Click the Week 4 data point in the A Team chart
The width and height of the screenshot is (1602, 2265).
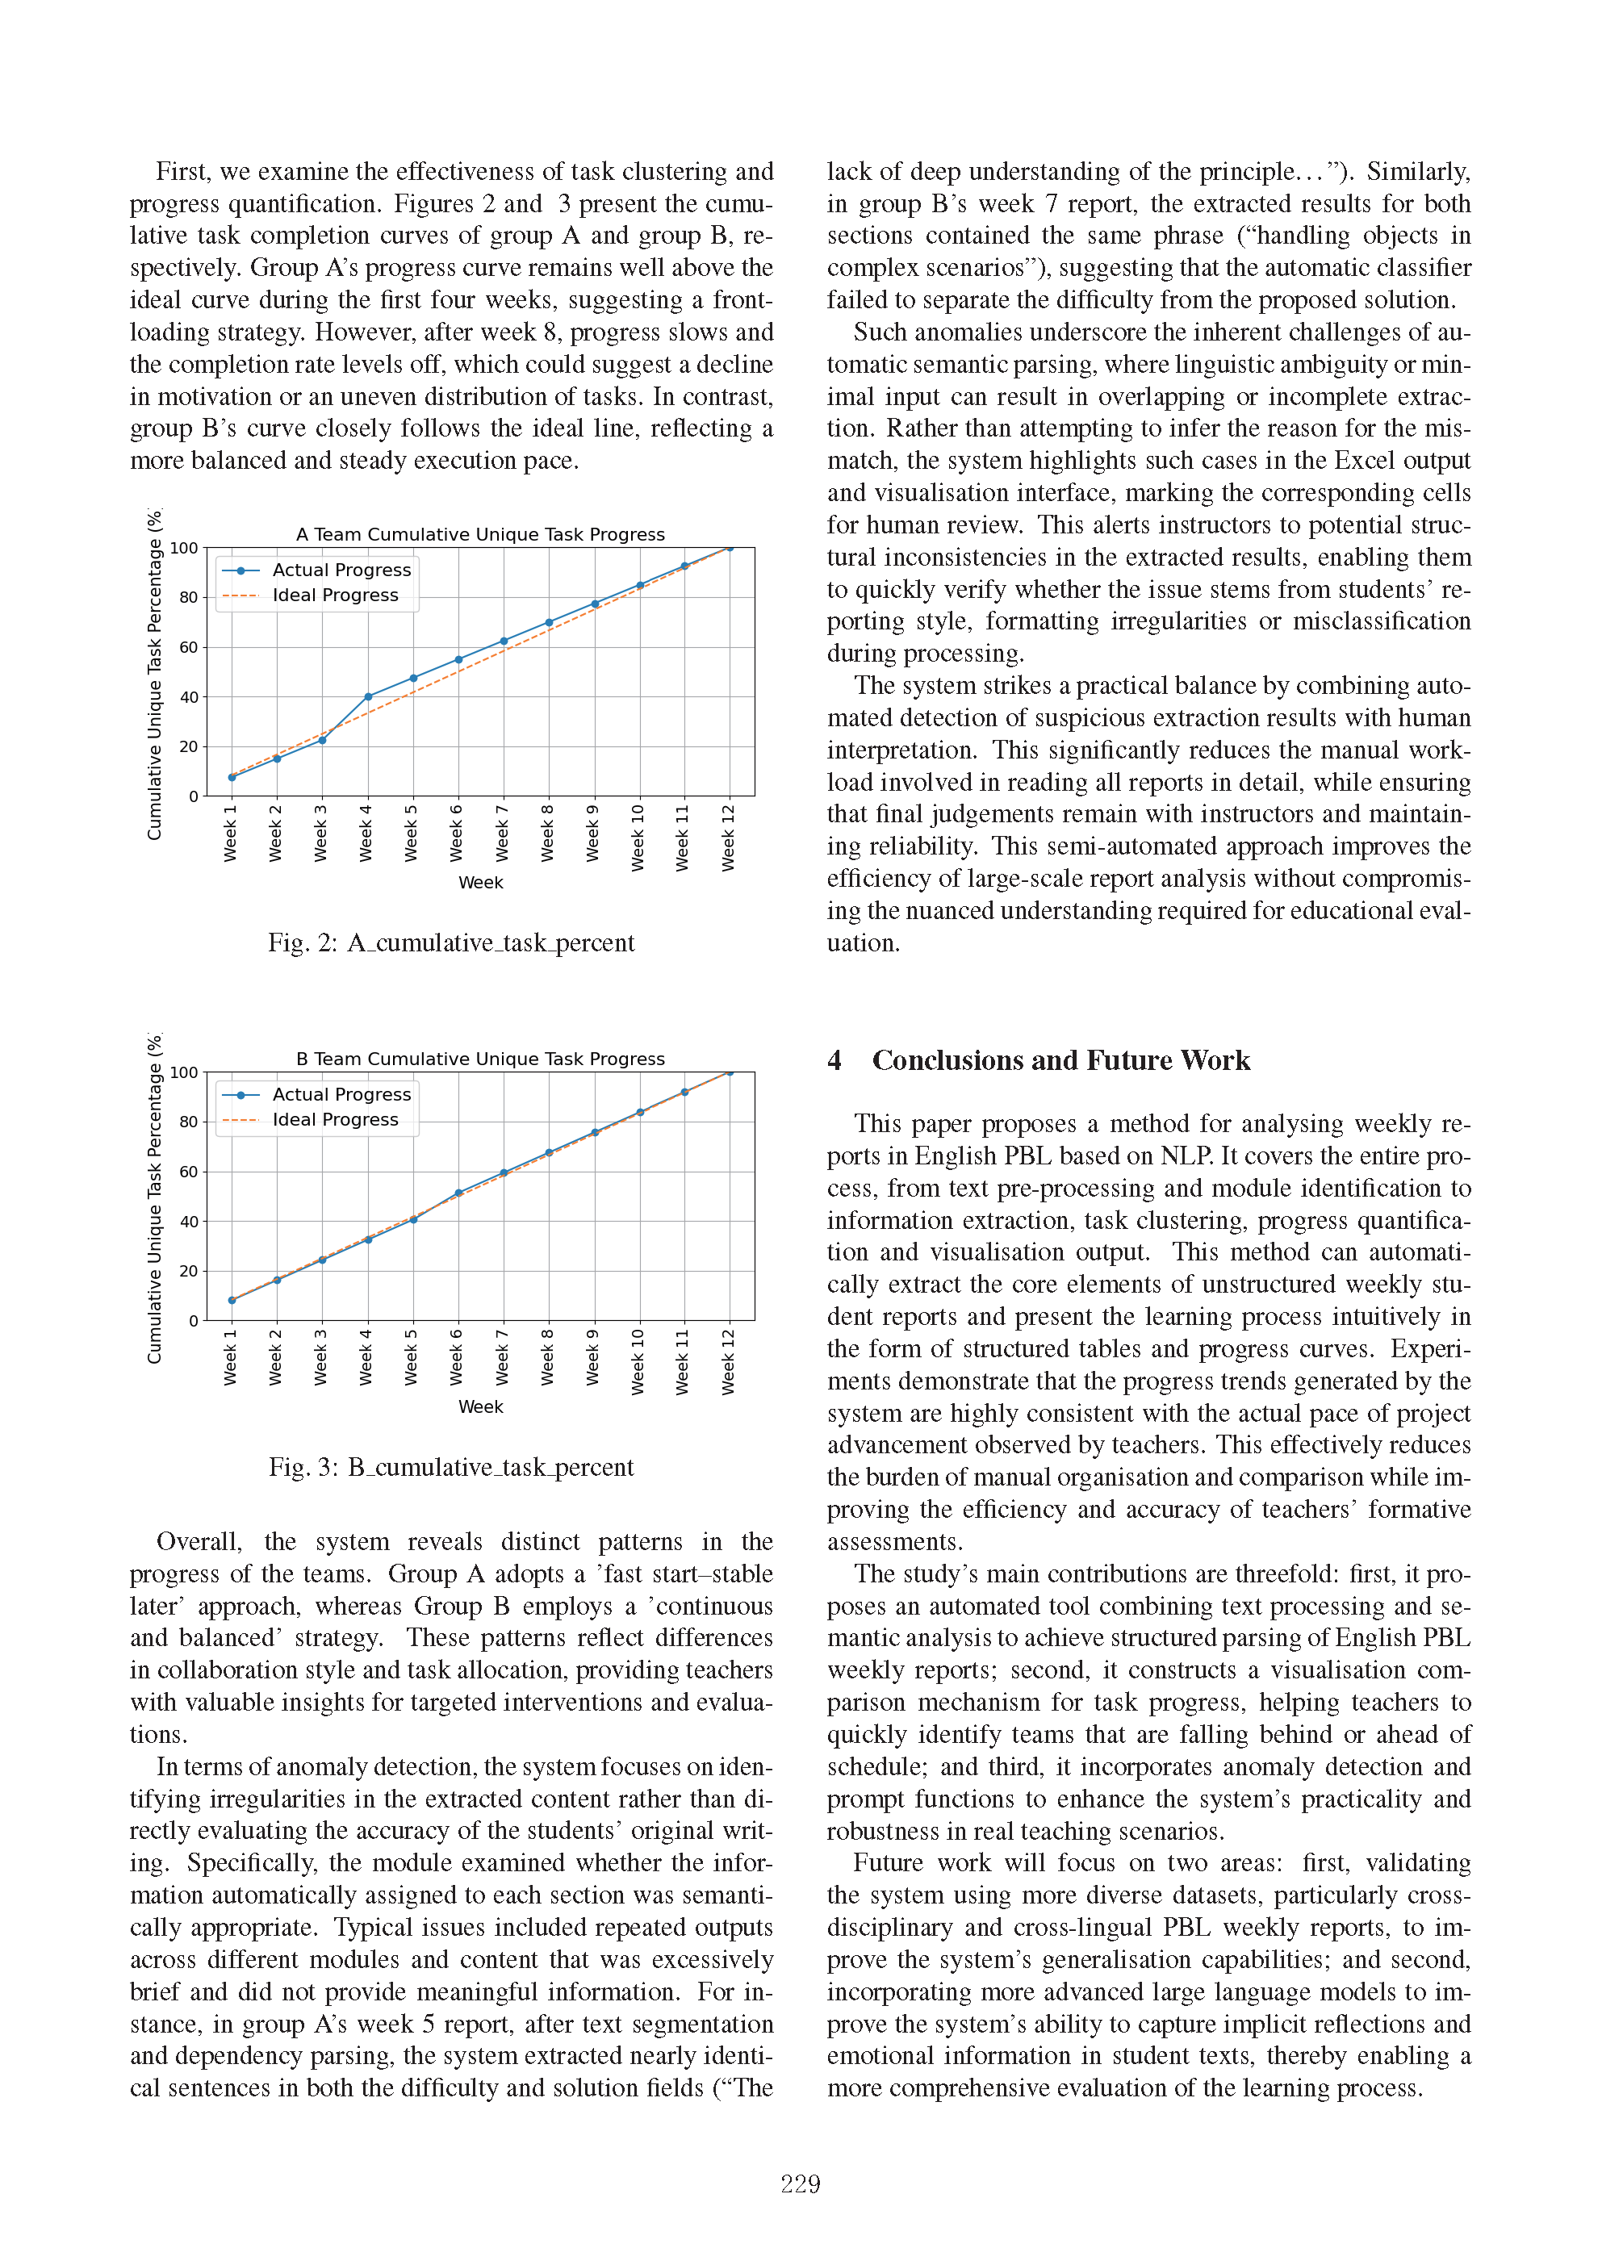(x=368, y=696)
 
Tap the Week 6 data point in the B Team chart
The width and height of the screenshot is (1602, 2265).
(x=458, y=1193)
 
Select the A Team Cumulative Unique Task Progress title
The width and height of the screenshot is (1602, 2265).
(x=480, y=535)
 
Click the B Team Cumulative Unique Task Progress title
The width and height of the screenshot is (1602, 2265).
(x=480, y=1059)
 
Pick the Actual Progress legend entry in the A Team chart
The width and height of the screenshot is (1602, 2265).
(x=341, y=570)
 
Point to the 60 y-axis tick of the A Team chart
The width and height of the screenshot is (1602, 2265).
(x=187, y=647)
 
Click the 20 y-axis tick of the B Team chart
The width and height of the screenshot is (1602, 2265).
(x=187, y=1271)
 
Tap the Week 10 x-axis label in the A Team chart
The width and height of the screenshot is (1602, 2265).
(x=638, y=838)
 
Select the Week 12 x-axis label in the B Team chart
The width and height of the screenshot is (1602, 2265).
(x=729, y=1361)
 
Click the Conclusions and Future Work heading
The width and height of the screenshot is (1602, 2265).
(x=1060, y=1060)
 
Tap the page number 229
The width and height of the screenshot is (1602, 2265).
(x=800, y=2184)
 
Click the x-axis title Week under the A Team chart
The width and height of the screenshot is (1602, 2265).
(x=480, y=883)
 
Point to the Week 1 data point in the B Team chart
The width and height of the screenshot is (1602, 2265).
(x=232, y=1300)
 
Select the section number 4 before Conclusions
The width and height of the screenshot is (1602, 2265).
(x=834, y=1060)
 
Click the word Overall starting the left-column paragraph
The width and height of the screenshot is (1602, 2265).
(x=199, y=1542)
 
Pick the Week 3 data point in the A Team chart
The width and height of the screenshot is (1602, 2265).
(x=323, y=740)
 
